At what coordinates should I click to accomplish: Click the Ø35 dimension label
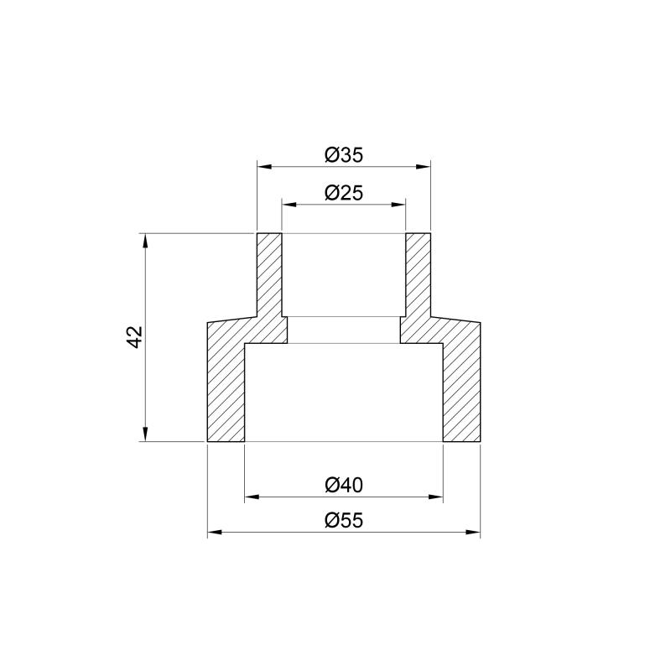344,155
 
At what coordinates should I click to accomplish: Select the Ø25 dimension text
344,193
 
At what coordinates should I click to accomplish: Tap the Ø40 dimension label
344,486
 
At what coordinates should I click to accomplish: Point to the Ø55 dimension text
344,520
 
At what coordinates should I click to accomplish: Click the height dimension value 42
135,337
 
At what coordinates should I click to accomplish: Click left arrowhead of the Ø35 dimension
264,166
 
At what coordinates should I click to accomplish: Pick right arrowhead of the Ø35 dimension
424,166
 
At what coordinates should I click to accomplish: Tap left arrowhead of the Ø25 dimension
289,205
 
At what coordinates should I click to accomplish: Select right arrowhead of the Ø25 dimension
398,205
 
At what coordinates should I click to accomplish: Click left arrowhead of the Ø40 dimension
252,497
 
